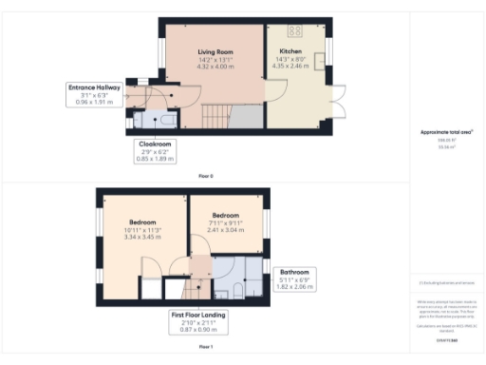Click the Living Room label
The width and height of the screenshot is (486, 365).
215,51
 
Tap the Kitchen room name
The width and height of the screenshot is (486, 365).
290,51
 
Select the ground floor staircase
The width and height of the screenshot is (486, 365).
214,117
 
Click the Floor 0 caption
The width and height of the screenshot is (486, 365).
205,176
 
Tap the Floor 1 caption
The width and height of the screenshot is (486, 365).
205,348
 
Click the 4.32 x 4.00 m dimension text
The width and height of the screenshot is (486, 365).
215,67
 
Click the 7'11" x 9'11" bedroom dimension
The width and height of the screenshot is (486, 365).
226,222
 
